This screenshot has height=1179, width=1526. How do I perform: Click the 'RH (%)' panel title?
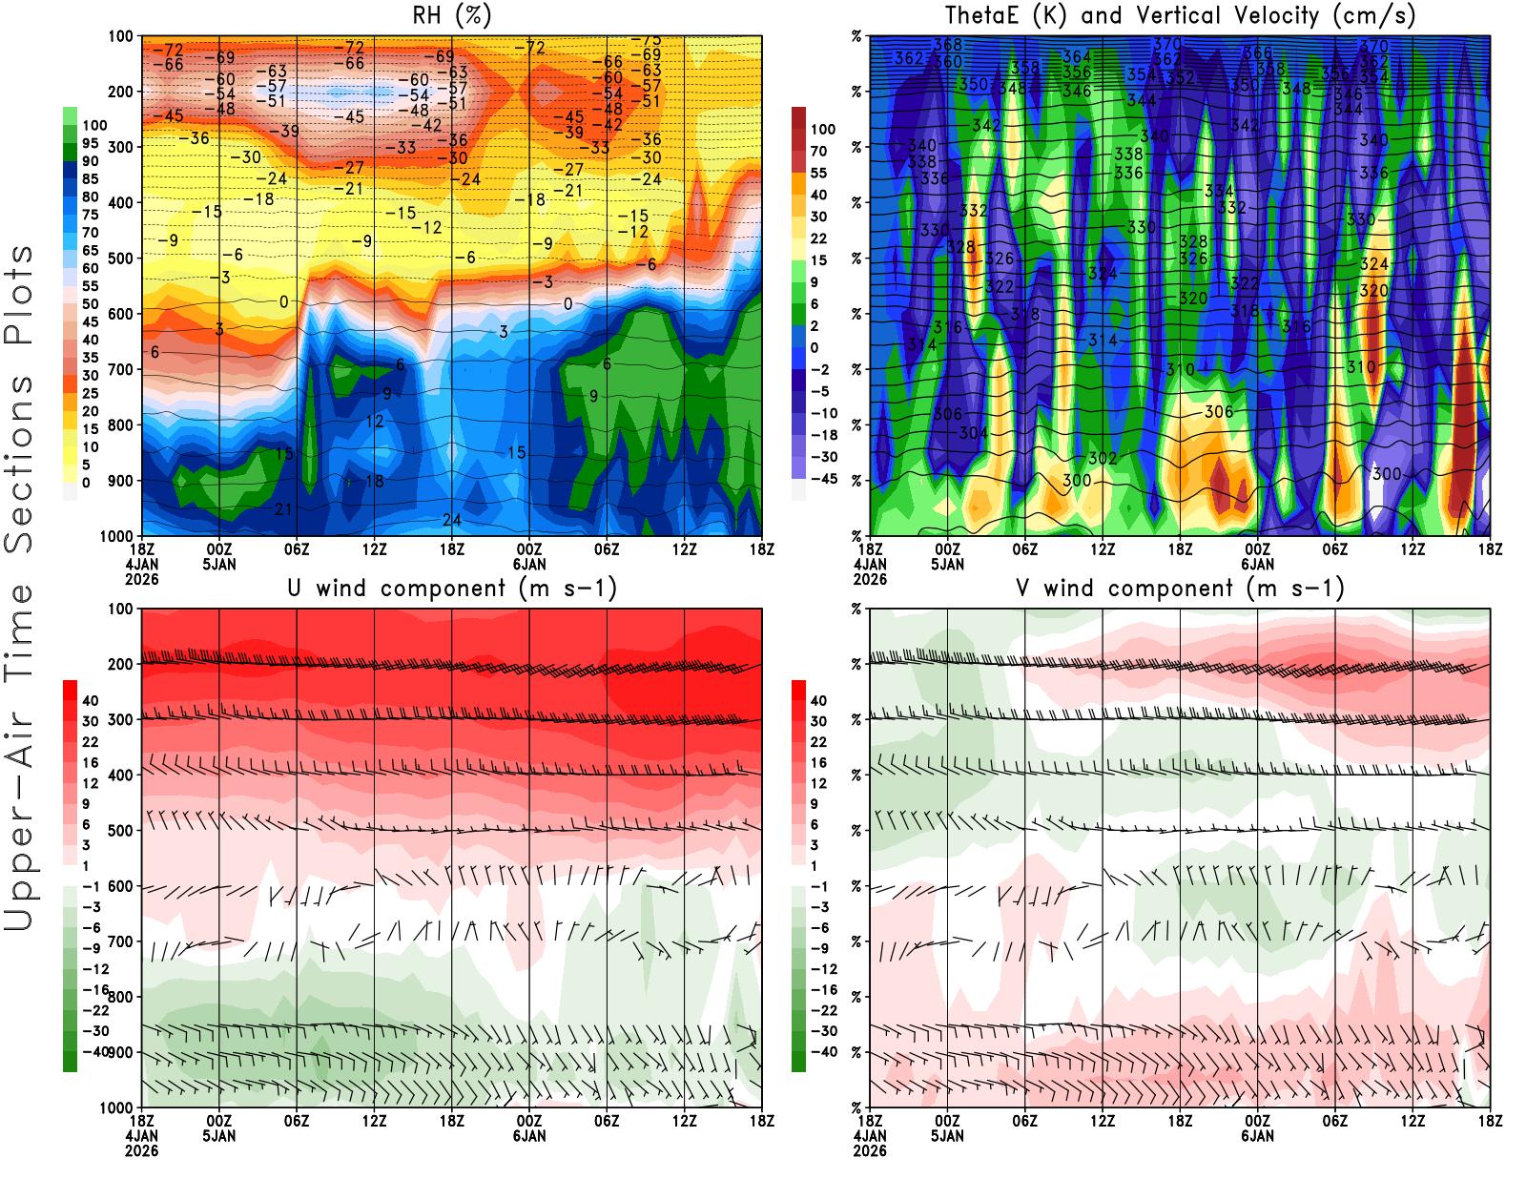click(452, 16)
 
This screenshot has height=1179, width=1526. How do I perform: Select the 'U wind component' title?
click(452, 589)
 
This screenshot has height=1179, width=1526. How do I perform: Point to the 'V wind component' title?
click(1180, 589)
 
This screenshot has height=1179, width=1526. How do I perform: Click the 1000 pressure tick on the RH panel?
click(116, 536)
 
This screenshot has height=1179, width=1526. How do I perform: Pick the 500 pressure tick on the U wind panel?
click(120, 831)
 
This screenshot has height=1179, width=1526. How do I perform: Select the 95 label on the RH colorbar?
click(90, 143)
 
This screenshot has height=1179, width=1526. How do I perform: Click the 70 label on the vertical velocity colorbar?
click(818, 151)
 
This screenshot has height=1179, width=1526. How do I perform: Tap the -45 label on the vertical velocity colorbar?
click(823, 479)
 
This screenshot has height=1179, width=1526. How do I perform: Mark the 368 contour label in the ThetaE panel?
click(947, 45)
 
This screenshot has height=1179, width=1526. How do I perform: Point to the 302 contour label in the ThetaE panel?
click(1103, 458)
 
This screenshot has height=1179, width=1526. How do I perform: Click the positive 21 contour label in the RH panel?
click(283, 509)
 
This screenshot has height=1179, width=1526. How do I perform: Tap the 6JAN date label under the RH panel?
click(529, 564)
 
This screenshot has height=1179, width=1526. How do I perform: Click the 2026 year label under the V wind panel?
click(870, 1150)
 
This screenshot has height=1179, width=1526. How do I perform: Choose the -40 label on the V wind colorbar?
click(823, 1051)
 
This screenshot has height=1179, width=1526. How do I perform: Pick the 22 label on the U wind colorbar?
click(90, 742)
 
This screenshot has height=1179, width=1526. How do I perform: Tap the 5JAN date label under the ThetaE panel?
click(947, 564)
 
